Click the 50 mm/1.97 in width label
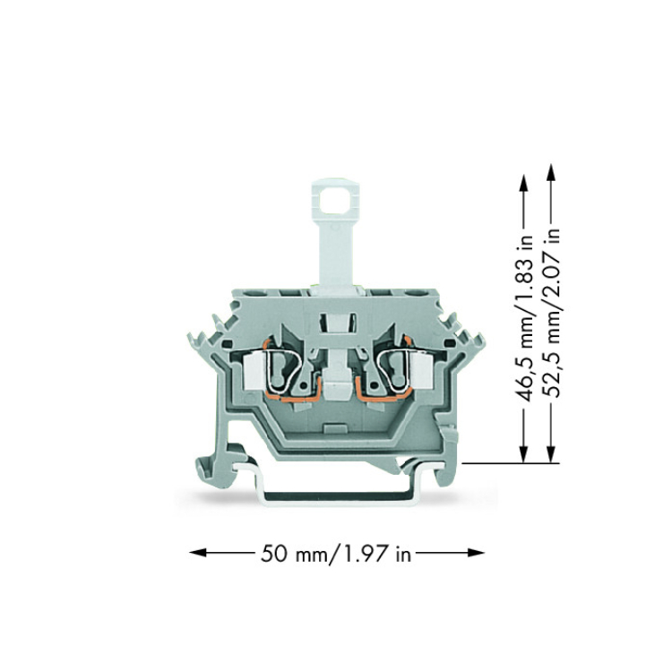336,554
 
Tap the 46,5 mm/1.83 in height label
524,319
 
